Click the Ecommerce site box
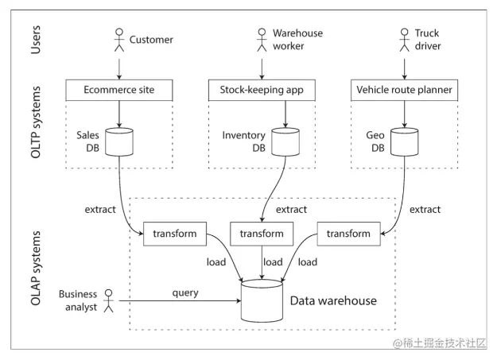(x=119, y=91)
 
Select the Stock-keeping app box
(x=261, y=91)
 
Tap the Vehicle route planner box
(x=402, y=91)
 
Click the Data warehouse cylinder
(x=262, y=300)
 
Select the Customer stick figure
(x=119, y=40)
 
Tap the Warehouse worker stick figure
(x=261, y=40)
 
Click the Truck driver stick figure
(x=402, y=40)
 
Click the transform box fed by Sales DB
(x=174, y=234)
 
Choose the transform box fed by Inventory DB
(x=261, y=234)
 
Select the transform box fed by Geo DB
(x=348, y=234)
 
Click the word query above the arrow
(x=185, y=292)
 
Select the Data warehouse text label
(x=333, y=301)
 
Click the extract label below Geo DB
(x=425, y=210)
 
